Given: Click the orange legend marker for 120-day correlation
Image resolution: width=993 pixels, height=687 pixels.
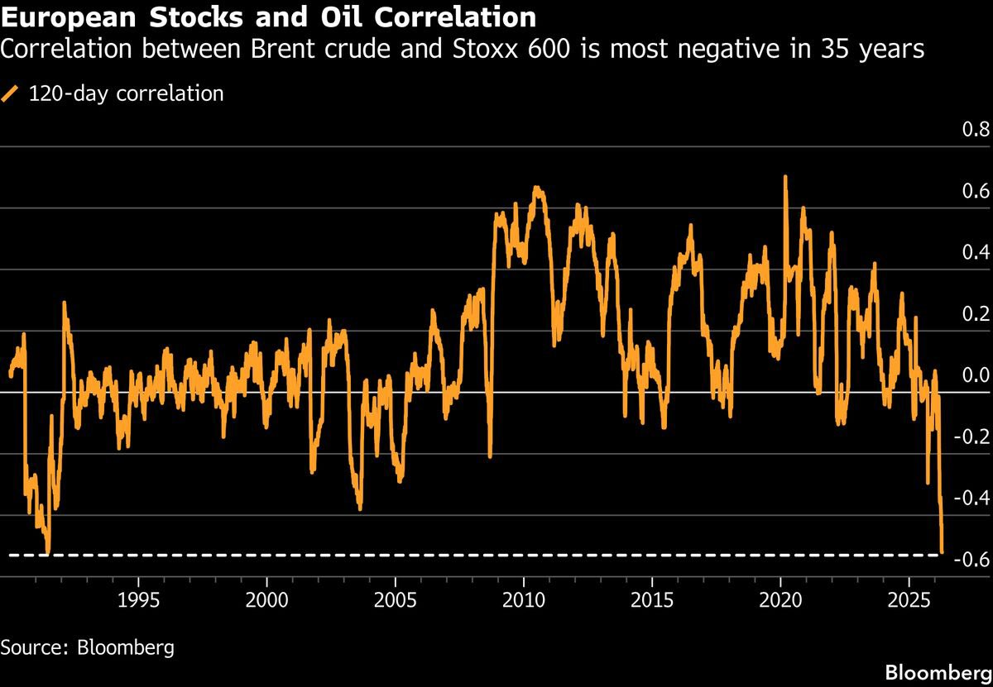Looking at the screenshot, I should [11, 93].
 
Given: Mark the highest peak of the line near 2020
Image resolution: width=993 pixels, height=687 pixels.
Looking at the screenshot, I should [784, 177].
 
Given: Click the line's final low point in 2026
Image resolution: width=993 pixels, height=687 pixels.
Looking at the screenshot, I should [943, 551].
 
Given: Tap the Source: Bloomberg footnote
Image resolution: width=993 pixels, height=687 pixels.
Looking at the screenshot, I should [87, 647].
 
